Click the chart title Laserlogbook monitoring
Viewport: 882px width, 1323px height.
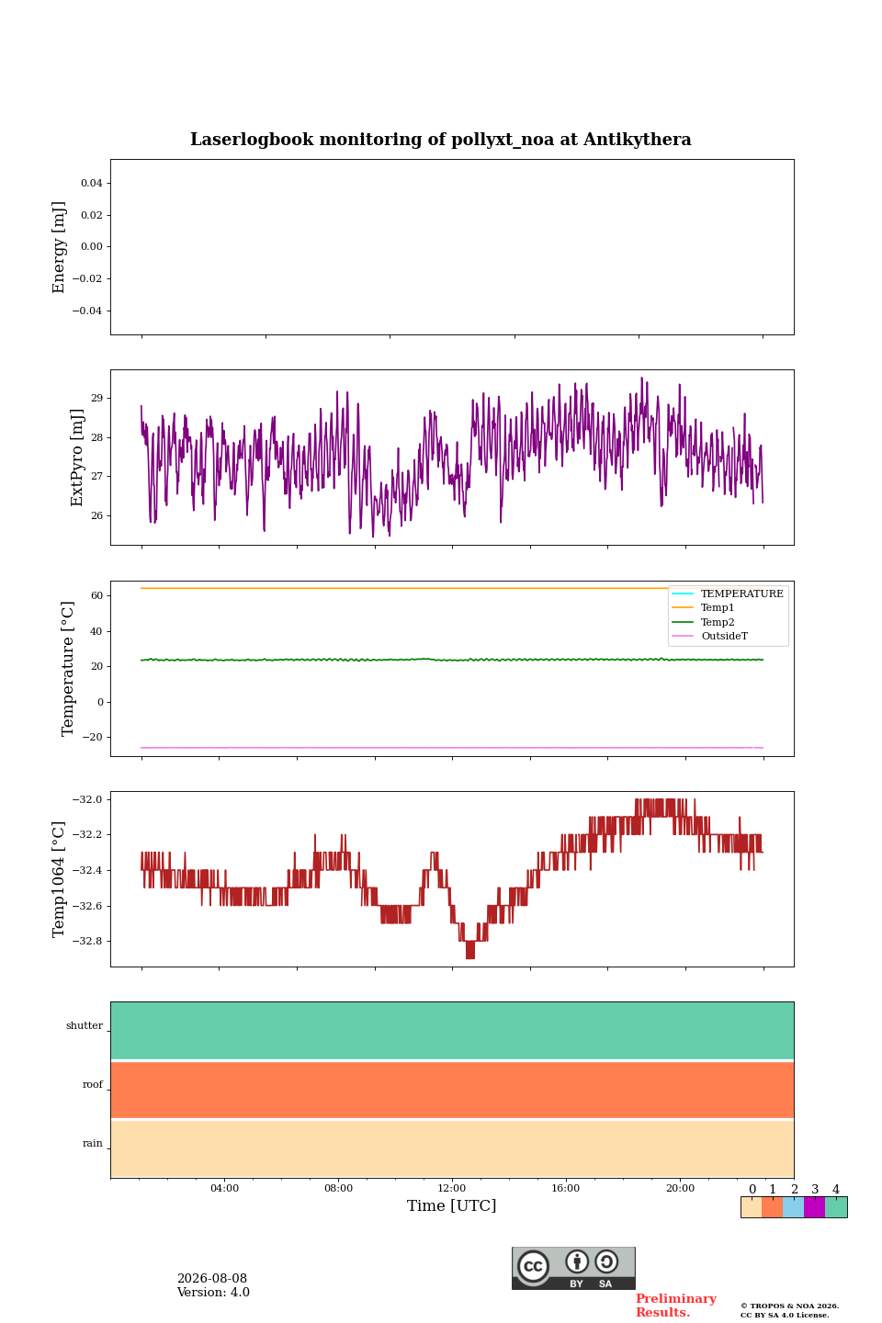click(x=440, y=140)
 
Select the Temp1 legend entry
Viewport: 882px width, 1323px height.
click(x=718, y=608)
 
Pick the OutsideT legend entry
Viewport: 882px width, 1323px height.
click(x=724, y=636)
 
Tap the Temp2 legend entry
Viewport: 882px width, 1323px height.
click(x=718, y=622)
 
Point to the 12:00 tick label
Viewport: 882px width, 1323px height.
click(x=452, y=1188)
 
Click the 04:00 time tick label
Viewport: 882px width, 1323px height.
click(x=225, y=1188)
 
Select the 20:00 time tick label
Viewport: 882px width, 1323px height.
click(x=681, y=1188)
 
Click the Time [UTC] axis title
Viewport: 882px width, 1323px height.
click(x=452, y=1205)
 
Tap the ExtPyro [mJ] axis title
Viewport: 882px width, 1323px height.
click(x=77, y=458)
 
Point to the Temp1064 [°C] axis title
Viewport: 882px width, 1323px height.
click(x=58, y=879)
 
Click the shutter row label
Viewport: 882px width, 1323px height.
click(x=85, y=1025)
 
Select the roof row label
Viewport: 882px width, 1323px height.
click(x=93, y=1084)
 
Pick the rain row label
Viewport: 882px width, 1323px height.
click(x=93, y=1143)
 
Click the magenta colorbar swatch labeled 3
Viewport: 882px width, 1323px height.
click(x=815, y=1207)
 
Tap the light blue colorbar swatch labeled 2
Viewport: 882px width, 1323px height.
click(x=794, y=1207)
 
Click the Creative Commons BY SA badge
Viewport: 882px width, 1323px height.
click(x=573, y=1268)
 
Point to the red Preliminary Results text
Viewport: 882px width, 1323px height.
click(x=676, y=1306)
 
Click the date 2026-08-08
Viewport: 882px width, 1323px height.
click(x=212, y=1279)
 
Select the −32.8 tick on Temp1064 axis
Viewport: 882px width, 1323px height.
click(x=87, y=942)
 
